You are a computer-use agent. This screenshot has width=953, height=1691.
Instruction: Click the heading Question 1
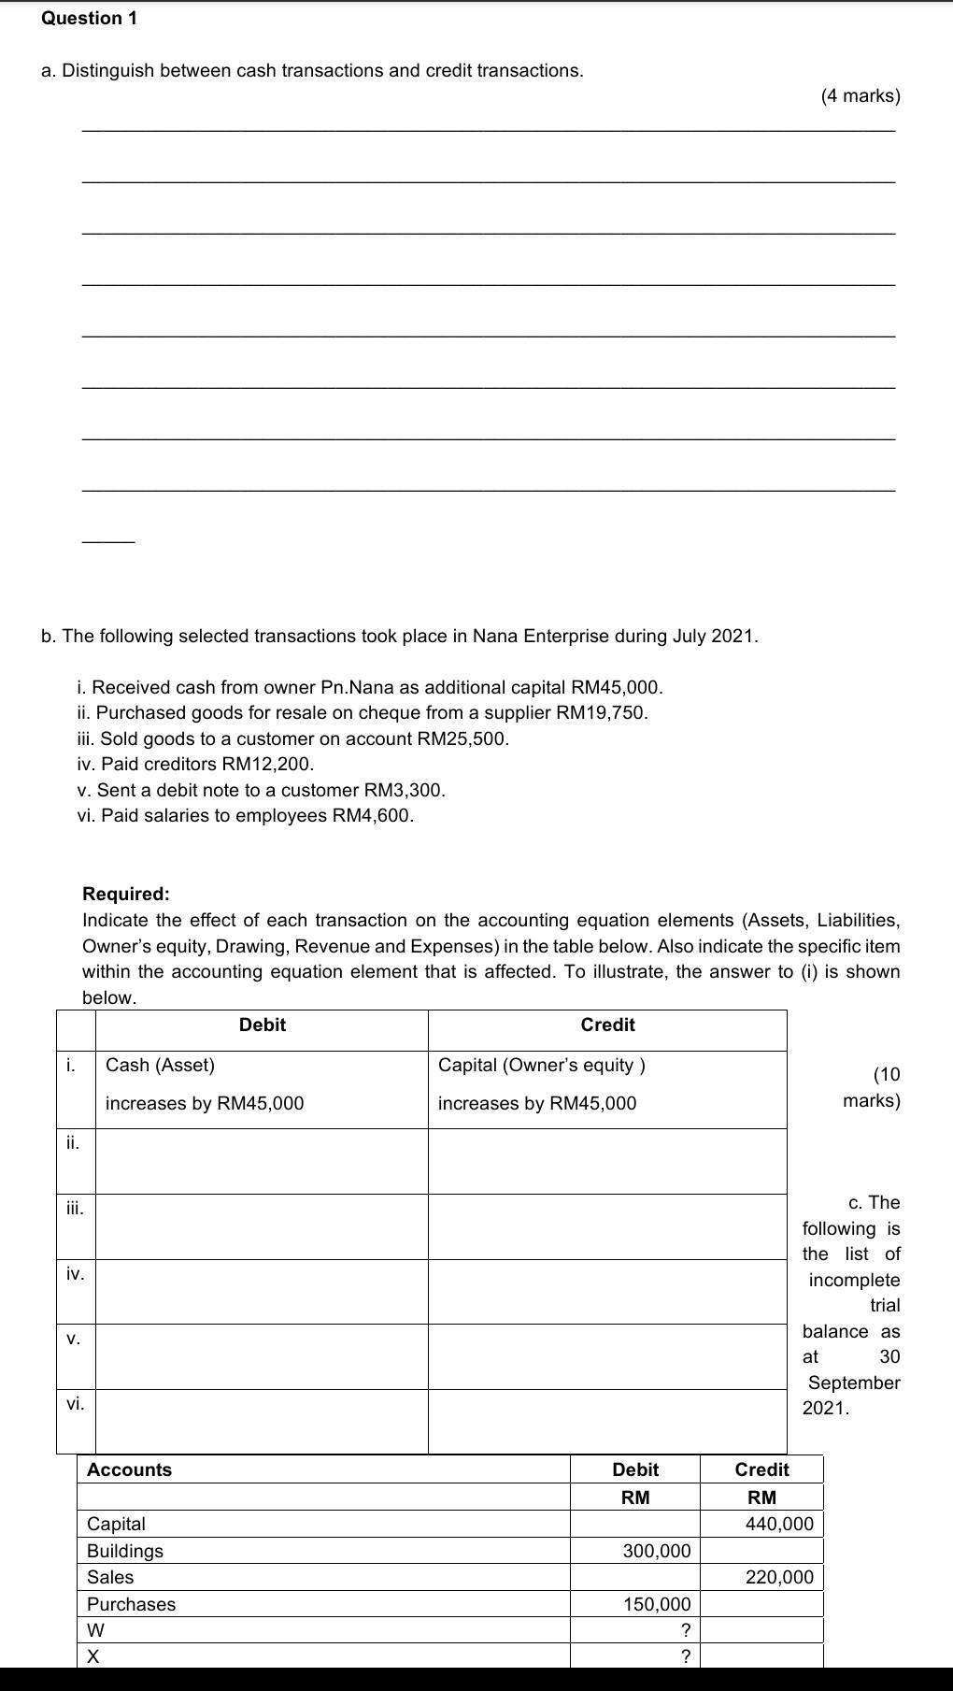tap(89, 18)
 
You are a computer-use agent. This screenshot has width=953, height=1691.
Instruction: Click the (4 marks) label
tap(860, 95)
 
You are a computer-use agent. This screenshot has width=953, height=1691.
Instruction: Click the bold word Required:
tap(126, 894)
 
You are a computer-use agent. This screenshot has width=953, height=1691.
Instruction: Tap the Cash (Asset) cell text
tap(160, 1065)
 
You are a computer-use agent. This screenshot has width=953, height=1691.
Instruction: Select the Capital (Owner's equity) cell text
tap(541, 1065)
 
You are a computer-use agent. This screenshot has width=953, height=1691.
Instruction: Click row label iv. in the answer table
tap(75, 1273)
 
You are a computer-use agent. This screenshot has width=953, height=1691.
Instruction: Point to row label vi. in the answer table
tap(75, 1403)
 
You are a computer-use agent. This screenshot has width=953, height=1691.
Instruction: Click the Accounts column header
tap(129, 1469)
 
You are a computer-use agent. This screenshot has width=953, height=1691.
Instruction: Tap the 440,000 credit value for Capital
tap(779, 1524)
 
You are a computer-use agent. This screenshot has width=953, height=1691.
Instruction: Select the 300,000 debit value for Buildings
tap(657, 1551)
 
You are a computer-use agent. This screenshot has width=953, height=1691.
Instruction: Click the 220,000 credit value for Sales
tap(779, 1577)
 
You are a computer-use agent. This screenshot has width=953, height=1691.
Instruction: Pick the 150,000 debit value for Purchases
tap(657, 1604)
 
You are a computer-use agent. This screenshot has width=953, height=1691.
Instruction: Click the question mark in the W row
tap(685, 1630)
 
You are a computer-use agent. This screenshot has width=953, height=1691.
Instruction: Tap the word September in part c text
tap(854, 1383)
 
